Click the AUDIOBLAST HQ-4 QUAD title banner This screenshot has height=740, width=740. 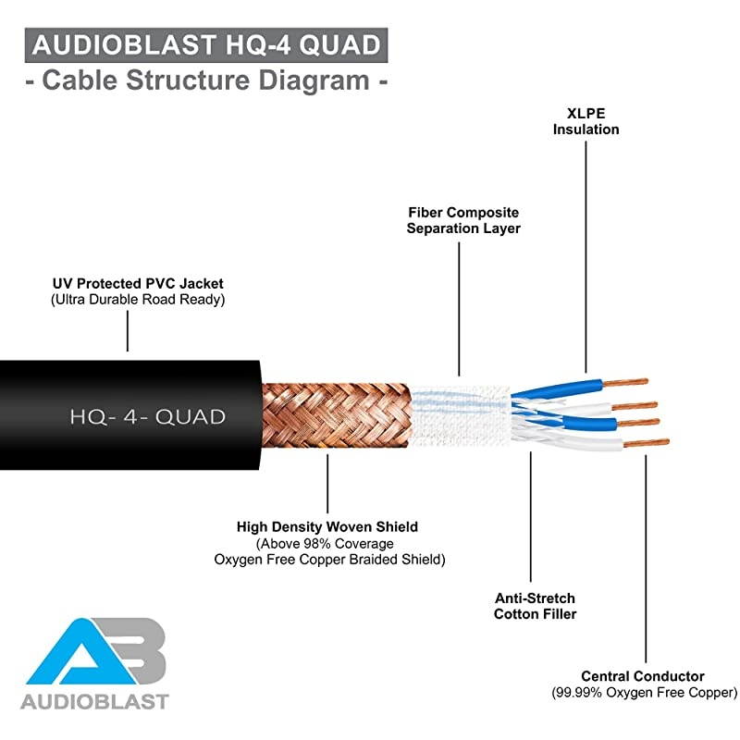[204, 45]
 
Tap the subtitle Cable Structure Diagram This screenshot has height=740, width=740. [204, 80]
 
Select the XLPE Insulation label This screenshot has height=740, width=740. [586, 121]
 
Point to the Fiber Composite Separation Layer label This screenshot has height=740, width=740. [463, 220]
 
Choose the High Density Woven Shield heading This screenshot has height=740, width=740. [327, 526]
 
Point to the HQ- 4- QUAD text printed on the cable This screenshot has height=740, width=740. [147, 416]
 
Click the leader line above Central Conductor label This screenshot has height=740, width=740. [645, 555]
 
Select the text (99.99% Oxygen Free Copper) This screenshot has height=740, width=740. [645, 693]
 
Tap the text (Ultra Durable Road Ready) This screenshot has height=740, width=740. [138, 300]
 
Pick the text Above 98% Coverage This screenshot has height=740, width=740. [326, 543]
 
